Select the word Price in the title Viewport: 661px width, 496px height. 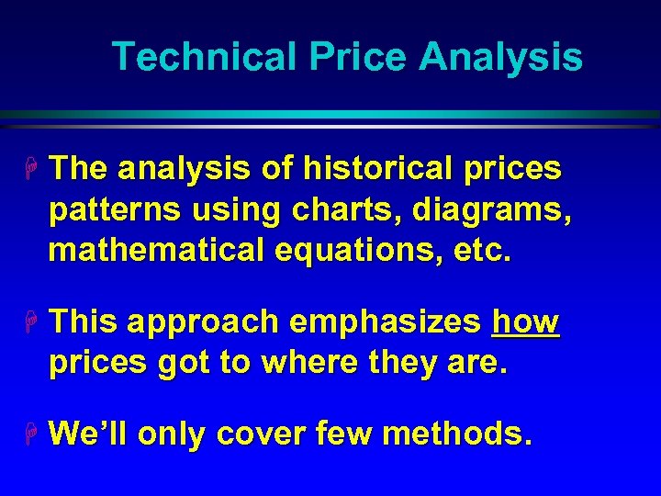point(359,57)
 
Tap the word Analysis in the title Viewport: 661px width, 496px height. point(500,57)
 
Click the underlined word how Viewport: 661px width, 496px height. point(526,322)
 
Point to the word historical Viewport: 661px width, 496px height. point(385,169)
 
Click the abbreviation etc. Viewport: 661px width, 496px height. point(480,251)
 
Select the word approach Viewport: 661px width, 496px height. point(204,322)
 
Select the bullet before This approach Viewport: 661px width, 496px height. point(34,322)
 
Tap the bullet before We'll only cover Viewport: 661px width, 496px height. point(34,433)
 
